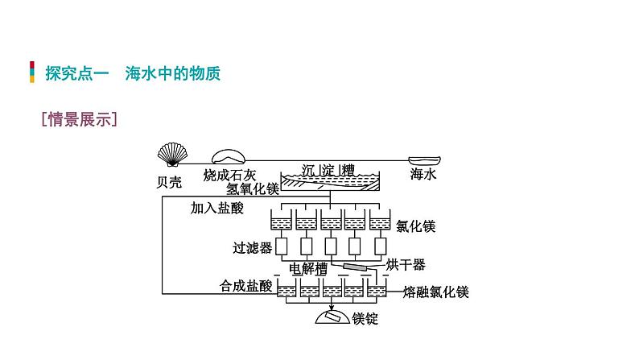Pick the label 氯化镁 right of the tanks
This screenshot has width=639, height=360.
point(415,226)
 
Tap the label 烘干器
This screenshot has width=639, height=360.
point(405,264)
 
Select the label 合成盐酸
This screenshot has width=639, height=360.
point(247,286)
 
